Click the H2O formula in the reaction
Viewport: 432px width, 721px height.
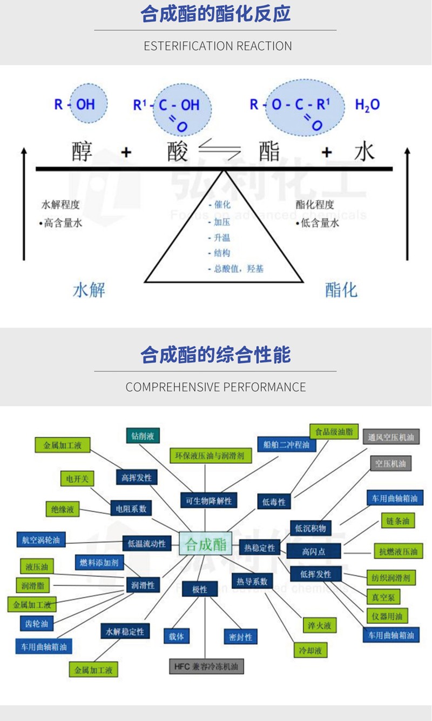367,105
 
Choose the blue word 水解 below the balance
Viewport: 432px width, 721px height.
89,290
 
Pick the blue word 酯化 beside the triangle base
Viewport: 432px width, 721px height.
341,290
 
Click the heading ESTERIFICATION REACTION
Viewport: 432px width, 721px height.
218,46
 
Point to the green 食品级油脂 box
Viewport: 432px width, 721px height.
334,432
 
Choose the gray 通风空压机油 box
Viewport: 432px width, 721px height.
391,437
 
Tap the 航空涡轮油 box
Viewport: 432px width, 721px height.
40,539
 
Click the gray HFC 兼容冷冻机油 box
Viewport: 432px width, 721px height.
206,666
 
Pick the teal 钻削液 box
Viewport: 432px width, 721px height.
143,435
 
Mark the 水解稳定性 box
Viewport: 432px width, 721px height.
125,631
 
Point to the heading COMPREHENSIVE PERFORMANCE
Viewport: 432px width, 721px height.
215,387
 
